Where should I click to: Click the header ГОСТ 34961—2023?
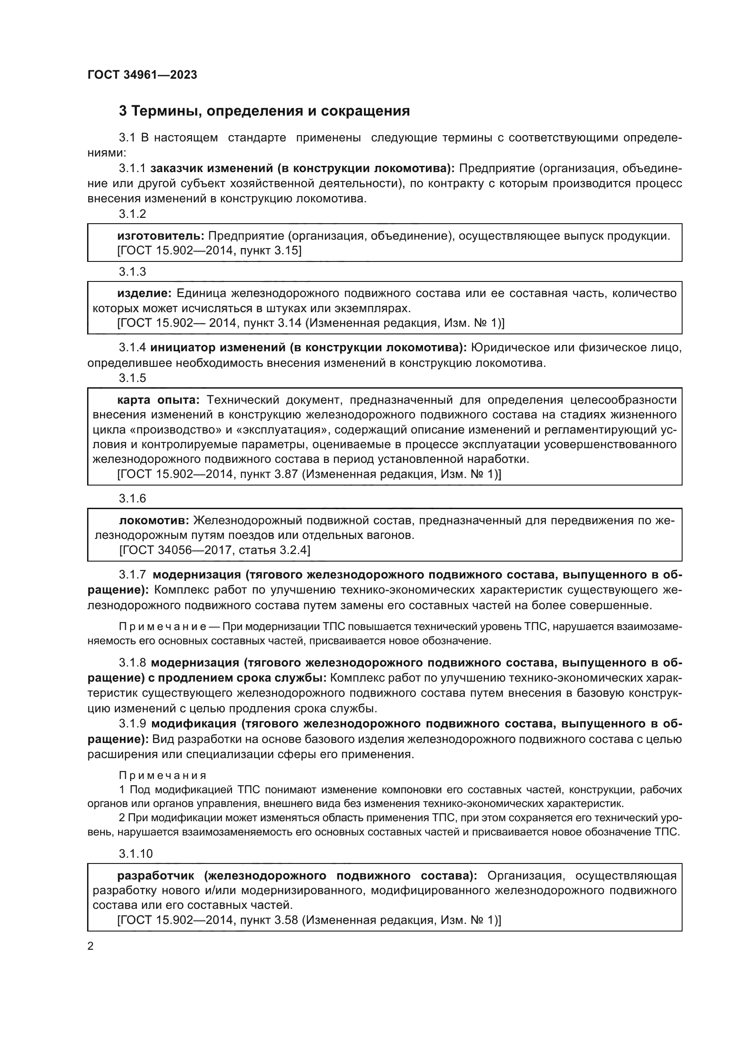(142, 75)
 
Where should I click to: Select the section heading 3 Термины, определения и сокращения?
(264, 111)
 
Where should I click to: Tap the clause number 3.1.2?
(132, 214)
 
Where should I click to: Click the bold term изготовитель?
(161, 236)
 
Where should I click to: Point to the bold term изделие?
(144, 293)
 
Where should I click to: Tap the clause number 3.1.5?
(132, 378)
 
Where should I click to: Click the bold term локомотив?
(154, 520)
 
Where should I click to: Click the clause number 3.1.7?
(132, 575)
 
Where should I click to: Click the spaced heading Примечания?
(163, 775)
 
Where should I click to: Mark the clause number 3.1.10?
(136, 853)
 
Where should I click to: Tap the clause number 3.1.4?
(132, 347)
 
